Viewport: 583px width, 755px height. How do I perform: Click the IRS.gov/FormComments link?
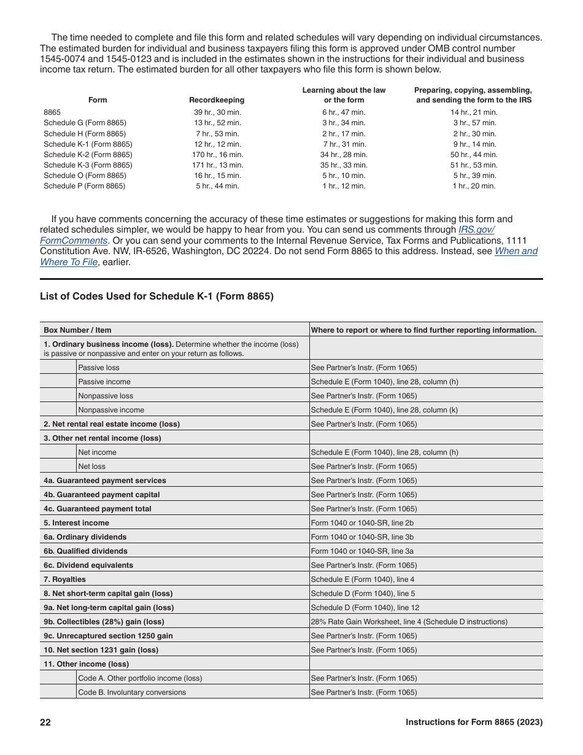click(x=476, y=230)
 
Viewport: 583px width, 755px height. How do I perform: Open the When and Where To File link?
click(x=515, y=251)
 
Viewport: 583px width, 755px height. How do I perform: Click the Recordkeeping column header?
click(x=217, y=100)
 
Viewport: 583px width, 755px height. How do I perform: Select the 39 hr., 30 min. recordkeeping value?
click(x=217, y=112)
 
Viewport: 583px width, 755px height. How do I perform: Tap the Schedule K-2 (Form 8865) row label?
click(x=88, y=155)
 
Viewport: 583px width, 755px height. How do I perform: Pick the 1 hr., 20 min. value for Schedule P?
click(x=474, y=186)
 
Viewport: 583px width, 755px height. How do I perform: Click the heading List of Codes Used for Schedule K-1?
click(x=156, y=296)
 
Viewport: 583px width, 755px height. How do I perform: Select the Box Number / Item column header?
click(x=77, y=330)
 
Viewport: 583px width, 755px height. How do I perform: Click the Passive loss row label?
click(x=99, y=368)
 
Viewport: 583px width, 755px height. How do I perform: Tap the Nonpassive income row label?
click(x=111, y=410)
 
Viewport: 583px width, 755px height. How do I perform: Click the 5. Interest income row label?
click(x=76, y=523)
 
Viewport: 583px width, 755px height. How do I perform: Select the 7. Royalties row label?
click(x=64, y=579)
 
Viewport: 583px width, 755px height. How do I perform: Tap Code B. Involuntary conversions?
click(x=132, y=692)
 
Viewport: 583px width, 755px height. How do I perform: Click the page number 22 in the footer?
click(x=45, y=722)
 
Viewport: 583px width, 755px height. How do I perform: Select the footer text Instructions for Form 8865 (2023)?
click(x=474, y=722)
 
